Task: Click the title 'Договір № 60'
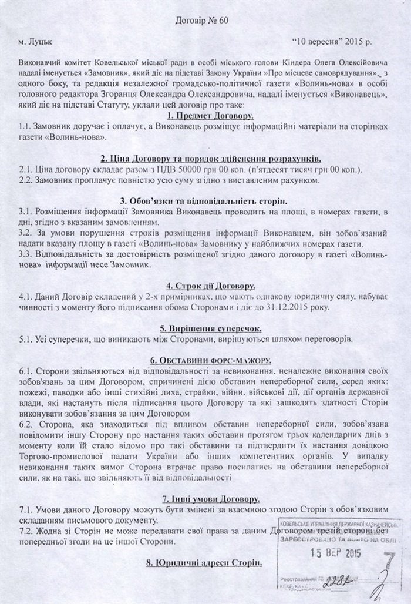click(x=204, y=21)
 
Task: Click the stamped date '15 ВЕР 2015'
click(x=335, y=553)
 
